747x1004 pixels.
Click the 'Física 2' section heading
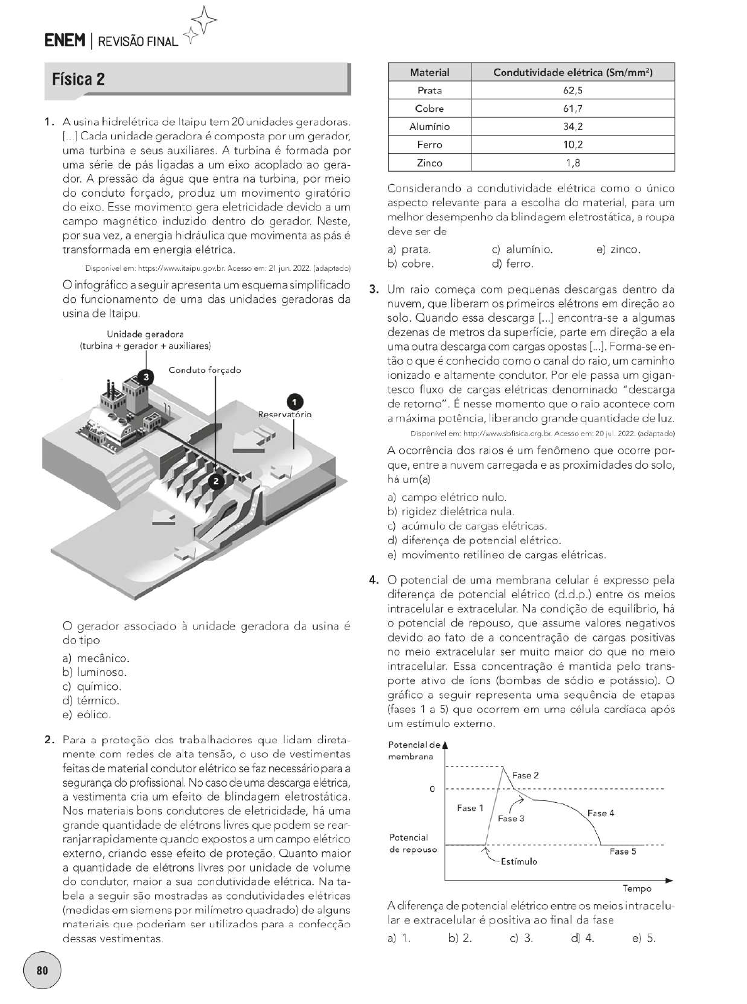coord(78,80)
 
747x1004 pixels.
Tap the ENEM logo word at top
coord(65,41)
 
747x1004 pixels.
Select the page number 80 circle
coord(42,970)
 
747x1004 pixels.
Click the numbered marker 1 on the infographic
coord(294,401)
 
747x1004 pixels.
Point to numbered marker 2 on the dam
coord(215,481)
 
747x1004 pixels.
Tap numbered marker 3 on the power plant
coord(146,377)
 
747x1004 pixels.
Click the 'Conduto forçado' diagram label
coord(205,370)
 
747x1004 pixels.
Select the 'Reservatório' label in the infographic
coord(285,415)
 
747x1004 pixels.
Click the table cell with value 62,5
coord(572,90)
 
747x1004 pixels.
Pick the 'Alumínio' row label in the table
coord(429,127)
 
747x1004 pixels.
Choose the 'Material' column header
coord(429,72)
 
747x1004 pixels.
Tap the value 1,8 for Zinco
coord(572,163)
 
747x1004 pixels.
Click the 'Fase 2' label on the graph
coord(525,775)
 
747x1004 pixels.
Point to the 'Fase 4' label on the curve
coord(601,813)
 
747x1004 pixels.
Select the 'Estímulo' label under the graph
coord(519,861)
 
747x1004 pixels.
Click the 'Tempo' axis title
coord(637,888)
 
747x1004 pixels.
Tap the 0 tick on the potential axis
coord(432,788)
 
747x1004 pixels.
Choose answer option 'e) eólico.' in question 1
coord(86,715)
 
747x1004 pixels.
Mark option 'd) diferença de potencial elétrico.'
coord(474,540)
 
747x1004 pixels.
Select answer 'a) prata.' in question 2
coord(409,249)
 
